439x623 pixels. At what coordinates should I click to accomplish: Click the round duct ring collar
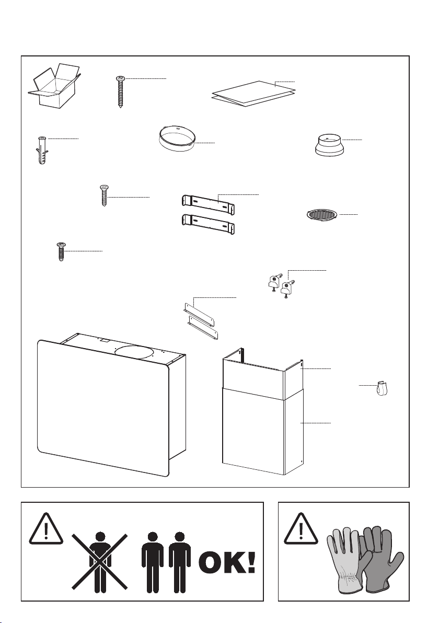click(x=177, y=136)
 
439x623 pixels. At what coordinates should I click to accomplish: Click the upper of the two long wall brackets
click(x=208, y=203)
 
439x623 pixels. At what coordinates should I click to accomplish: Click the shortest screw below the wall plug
click(x=62, y=252)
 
